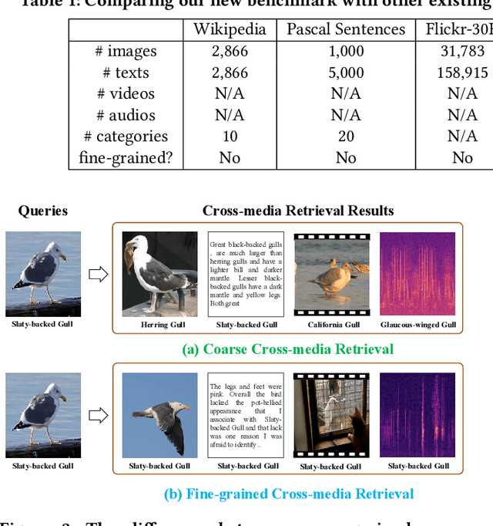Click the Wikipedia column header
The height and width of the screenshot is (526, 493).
(x=230, y=30)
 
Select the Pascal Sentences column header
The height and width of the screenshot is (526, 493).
(x=346, y=30)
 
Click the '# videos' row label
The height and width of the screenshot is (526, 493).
(x=126, y=93)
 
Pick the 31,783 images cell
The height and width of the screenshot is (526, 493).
(x=462, y=51)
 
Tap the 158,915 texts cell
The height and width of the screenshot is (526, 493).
(x=462, y=72)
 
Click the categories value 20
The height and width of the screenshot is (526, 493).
(x=346, y=137)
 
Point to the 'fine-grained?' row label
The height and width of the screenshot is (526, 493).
(x=126, y=157)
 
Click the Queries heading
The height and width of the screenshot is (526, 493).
(x=43, y=211)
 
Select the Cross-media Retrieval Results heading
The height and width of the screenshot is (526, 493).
(x=298, y=211)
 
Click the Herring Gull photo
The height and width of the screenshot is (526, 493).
(x=159, y=274)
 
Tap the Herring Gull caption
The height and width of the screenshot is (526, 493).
(x=163, y=325)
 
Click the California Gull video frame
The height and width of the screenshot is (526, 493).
(x=331, y=274)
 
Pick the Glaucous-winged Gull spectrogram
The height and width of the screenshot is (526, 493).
(x=418, y=274)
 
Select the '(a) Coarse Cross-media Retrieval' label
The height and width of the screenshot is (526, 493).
(x=288, y=349)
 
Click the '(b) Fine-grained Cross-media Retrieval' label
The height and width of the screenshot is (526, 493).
(x=289, y=494)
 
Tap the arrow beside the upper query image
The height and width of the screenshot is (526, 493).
(x=98, y=274)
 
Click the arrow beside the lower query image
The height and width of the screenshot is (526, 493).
(x=98, y=416)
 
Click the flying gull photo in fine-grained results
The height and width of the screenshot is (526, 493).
(x=159, y=416)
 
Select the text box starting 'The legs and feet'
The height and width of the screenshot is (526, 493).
(x=246, y=416)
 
